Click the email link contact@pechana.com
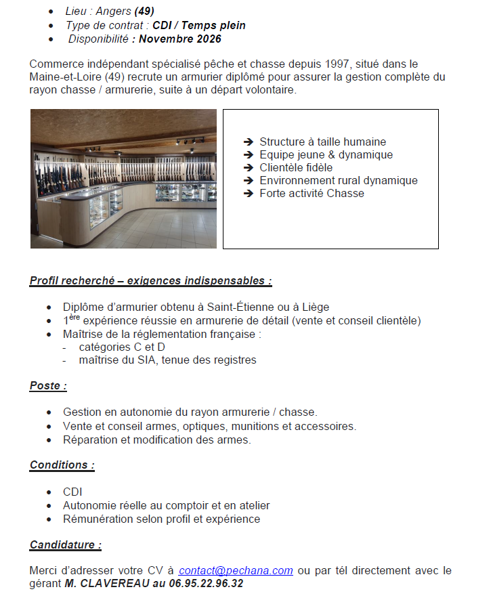point(236,570)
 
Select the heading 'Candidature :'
point(65,544)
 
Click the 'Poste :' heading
point(48,386)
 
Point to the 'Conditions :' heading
point(62,465)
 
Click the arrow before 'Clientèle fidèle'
point(248,168)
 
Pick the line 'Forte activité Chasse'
point(312,194)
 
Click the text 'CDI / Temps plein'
point(199,25)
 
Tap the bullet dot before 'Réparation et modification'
point(49,440)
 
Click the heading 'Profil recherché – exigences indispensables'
point(150,280)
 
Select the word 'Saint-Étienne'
point(239,307)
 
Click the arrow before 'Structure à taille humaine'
point(248,142)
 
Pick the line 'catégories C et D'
point(121,347)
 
